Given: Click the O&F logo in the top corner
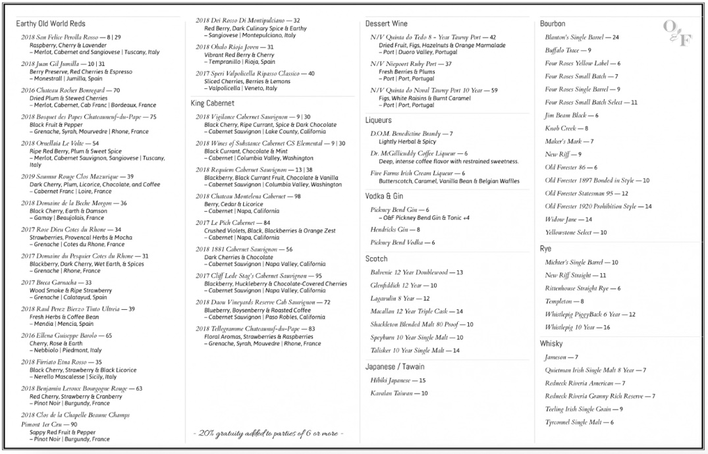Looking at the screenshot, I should pos(677,33).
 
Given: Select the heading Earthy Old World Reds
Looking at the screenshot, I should pos(51,24).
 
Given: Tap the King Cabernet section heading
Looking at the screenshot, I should pos(212,103).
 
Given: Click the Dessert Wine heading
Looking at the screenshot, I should pos(386,24).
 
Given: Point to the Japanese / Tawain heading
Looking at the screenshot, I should pos(395,366).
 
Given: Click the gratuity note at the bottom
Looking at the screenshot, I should pos(268,434).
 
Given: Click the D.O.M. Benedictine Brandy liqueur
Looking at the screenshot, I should pos(412,134).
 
